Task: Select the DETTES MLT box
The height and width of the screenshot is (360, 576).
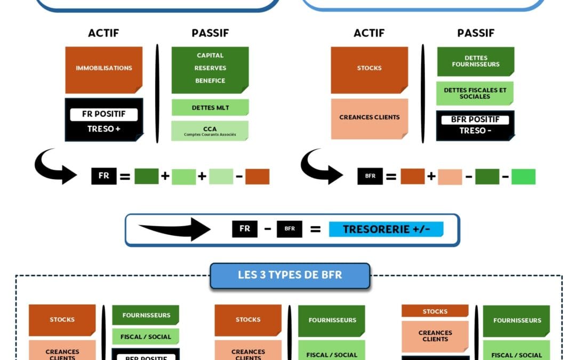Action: pos(210,108)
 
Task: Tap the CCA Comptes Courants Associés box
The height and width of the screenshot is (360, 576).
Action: pos(210,130)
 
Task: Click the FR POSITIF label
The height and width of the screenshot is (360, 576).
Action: pos(103,114)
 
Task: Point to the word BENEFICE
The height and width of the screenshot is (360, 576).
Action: pos(210,81)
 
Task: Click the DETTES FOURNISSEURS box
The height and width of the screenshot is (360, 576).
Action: pos(475,61)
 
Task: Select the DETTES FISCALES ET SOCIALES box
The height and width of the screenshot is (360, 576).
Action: pos(475,93)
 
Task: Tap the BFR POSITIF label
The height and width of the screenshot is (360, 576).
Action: pos(475,119)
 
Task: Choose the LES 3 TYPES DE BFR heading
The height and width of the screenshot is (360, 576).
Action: pos(290,276)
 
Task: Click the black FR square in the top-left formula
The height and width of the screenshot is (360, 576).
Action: pos(103,176)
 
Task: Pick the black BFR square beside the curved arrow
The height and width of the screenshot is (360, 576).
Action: pos(370,176)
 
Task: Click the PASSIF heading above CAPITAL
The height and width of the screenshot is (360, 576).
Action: pos(210,33)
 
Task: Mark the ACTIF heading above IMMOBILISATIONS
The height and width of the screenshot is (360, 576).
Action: pos(103,33)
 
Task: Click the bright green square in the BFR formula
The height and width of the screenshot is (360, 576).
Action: pos(523,177)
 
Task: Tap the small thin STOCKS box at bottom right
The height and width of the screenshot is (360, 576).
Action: pos(435,311)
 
